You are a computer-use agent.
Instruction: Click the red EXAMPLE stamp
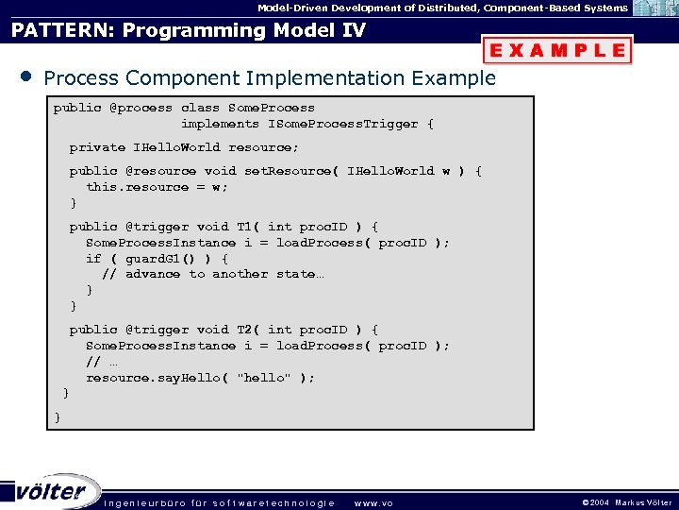557,50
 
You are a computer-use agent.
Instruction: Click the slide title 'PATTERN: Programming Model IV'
188,30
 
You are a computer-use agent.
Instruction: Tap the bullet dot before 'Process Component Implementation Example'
25,76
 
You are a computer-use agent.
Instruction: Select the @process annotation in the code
141,108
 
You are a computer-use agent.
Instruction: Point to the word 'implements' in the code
220,124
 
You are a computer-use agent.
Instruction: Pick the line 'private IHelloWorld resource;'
184,147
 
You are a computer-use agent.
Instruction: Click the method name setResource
291,171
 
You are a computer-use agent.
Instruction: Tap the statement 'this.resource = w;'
157,187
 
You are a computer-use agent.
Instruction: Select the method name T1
245,227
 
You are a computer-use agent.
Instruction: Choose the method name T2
245,330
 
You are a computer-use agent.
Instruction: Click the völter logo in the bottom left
52,491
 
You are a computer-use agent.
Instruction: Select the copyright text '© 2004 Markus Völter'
626,502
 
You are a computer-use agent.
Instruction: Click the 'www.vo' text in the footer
373,502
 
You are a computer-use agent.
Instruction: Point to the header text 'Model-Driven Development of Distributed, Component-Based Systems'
443,8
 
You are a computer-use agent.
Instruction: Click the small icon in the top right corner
654,8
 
